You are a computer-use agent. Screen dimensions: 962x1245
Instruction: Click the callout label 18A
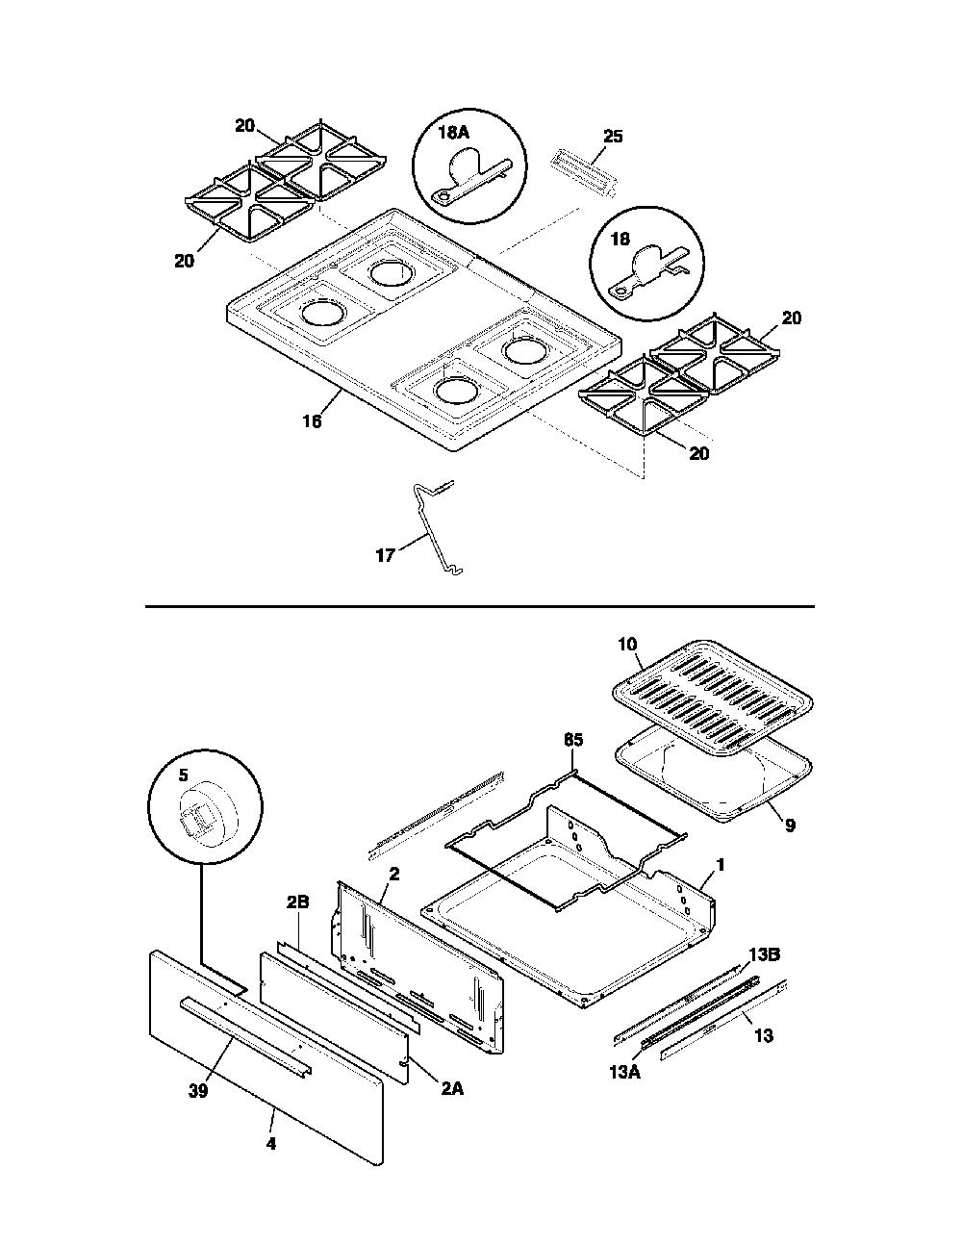453,133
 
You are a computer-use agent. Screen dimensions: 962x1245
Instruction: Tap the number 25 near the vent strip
613,137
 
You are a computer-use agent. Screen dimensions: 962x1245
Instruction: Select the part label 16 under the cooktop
312,421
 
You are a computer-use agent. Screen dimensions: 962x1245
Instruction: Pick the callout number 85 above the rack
573,740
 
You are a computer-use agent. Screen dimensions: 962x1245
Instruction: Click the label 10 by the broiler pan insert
627,644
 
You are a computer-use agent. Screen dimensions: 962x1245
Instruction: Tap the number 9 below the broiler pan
790,826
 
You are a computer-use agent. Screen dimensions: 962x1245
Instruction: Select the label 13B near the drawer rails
765,954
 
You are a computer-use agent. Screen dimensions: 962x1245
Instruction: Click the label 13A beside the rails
624,1072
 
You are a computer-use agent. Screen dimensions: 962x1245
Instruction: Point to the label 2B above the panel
298,902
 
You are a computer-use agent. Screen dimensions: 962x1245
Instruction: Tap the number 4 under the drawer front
271,1144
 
